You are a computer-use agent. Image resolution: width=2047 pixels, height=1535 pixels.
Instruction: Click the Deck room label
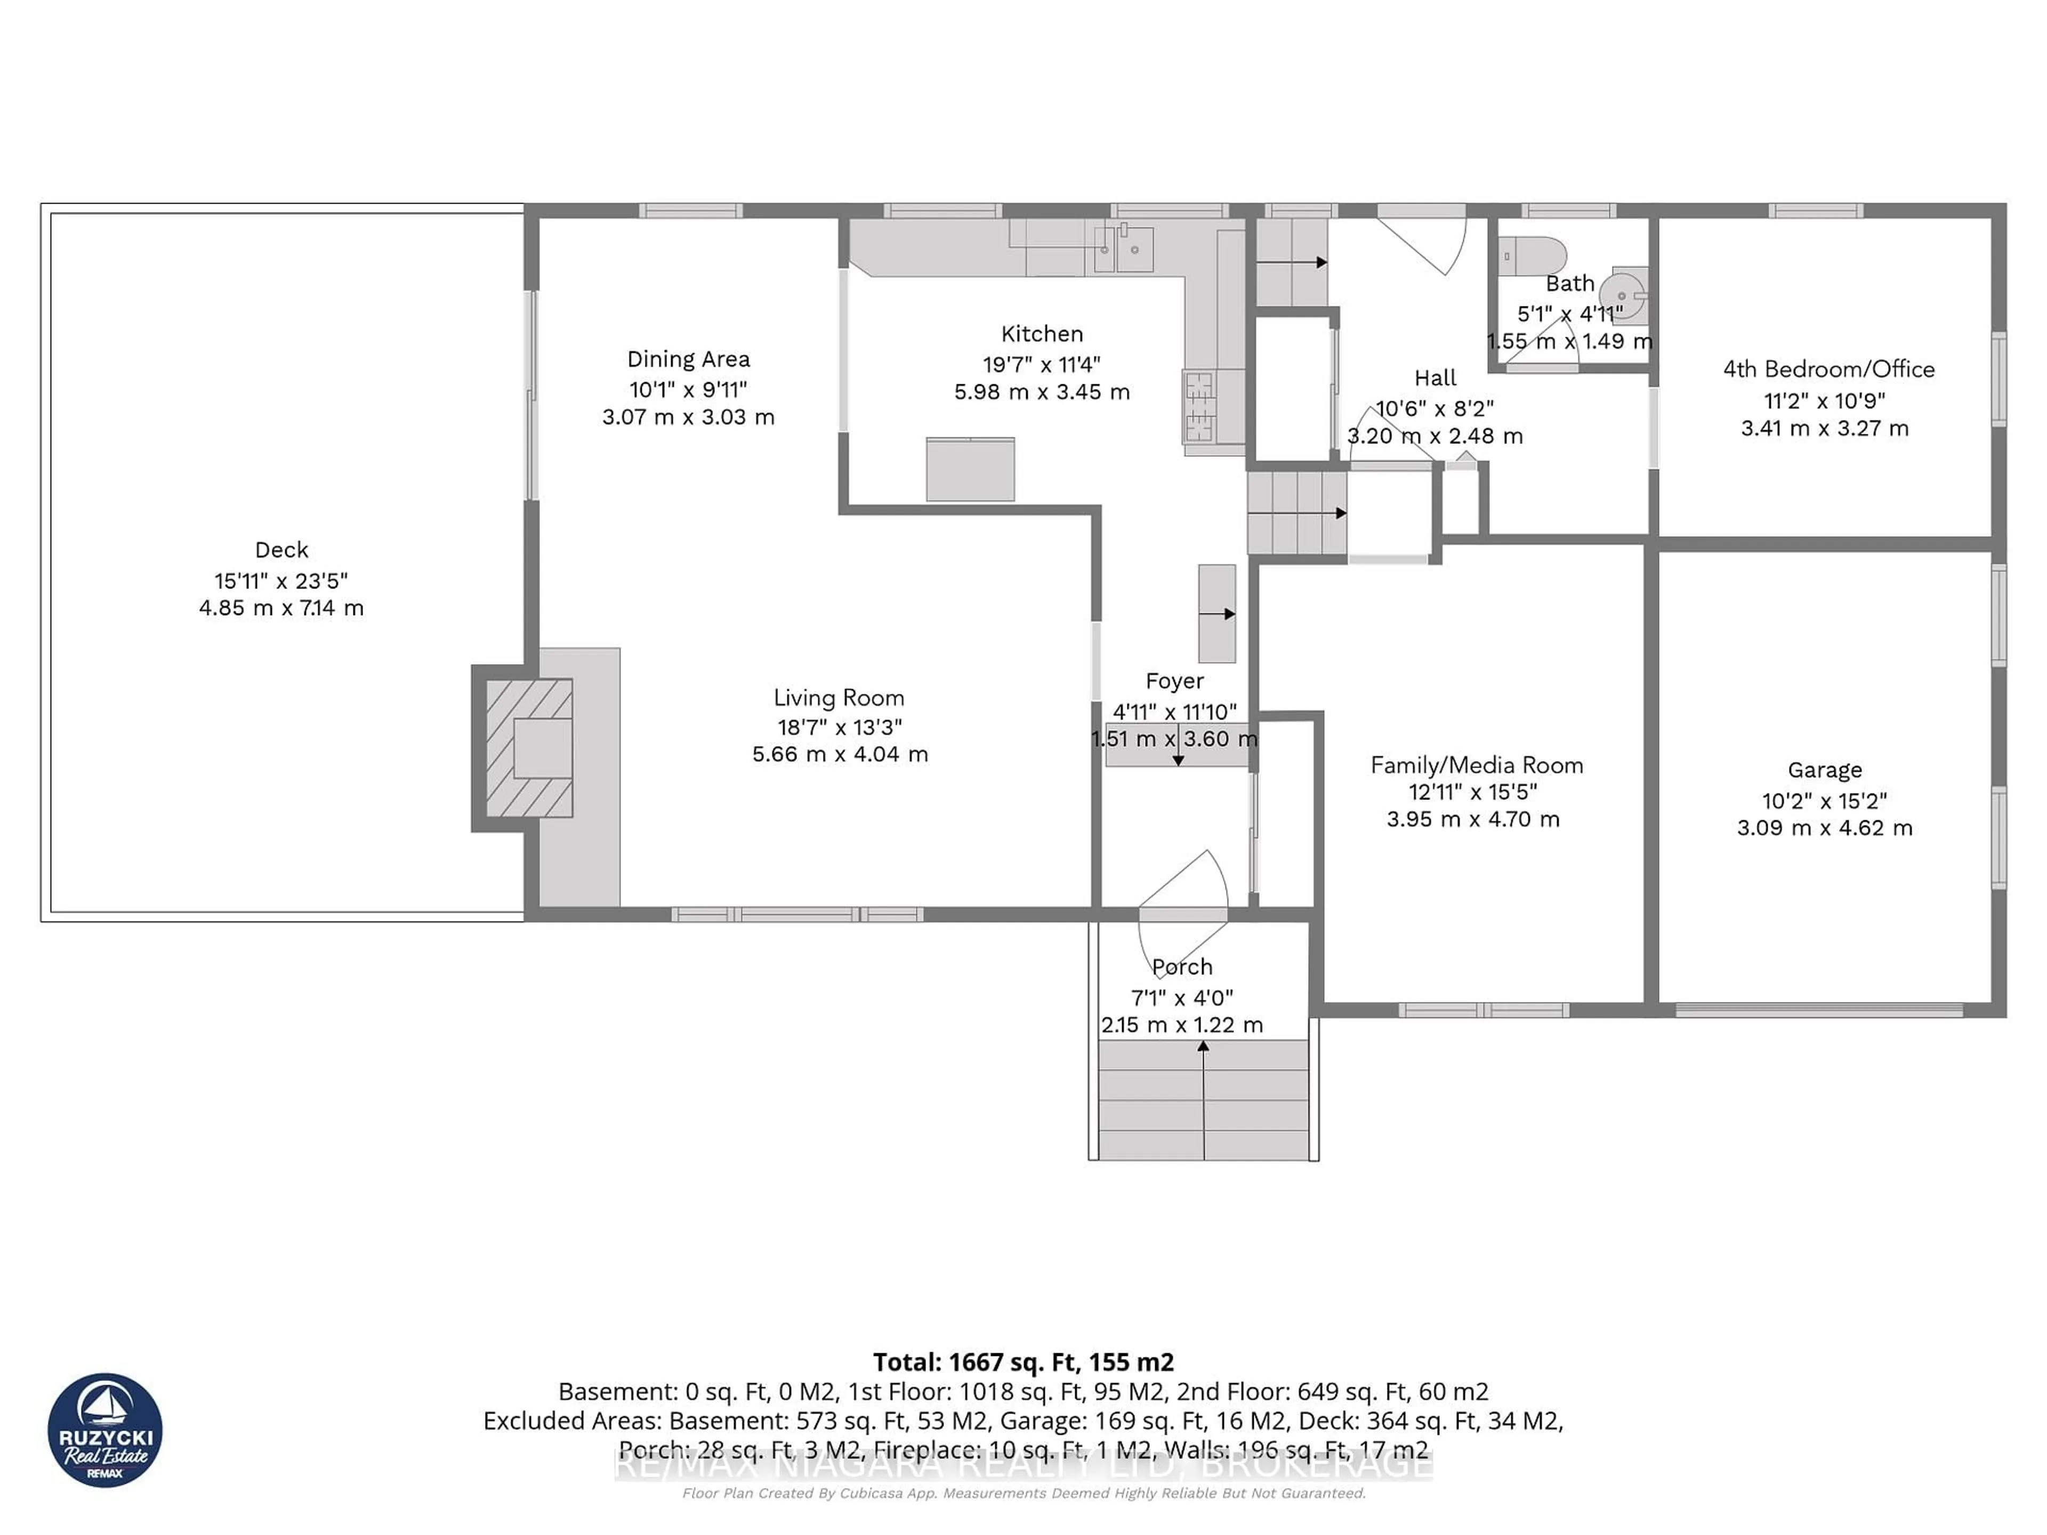pos(281,550)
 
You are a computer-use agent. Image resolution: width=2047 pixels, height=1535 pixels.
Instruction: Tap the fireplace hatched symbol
pos(528,748)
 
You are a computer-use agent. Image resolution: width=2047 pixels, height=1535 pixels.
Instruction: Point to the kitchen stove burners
pos(1200,405)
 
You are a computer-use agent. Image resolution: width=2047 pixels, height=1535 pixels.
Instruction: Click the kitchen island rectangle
pos(970,469)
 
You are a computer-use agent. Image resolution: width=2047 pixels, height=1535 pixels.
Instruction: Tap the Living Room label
pos(839,698)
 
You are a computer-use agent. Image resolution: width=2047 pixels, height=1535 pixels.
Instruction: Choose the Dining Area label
pos(689,359)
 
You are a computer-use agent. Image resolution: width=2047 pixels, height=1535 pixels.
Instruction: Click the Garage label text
pos(1824,770)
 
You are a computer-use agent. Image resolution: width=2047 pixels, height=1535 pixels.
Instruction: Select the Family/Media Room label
pos(1476,765)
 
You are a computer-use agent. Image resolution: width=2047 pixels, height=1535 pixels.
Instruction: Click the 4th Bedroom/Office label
pos(1828,369)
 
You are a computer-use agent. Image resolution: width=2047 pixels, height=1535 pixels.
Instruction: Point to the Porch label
pos(1182,967)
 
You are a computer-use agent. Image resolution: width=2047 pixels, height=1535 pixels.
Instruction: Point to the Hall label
pos(1436,377)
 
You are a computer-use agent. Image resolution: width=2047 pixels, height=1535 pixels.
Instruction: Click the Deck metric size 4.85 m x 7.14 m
pos(281,608)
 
